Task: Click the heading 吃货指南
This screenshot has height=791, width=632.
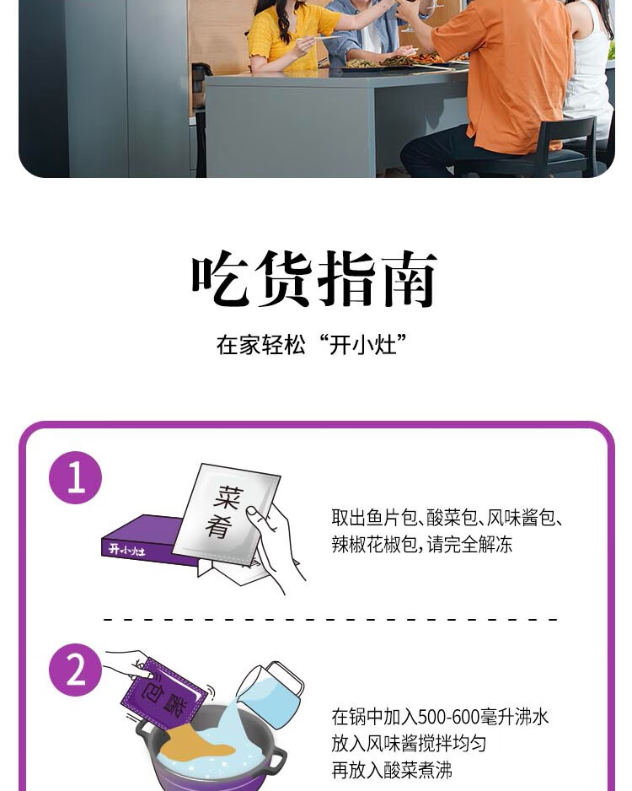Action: (x=314, y=279)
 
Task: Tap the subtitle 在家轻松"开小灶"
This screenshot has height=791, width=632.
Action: (x=313, y=345)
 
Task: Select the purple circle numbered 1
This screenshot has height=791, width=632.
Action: (x=75, y=478)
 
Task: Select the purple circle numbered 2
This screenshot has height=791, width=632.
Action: (x=75, y=670)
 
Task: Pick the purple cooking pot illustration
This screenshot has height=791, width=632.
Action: (x=211, y=755)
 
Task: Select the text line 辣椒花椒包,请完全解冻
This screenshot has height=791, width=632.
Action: (x=421, y=545)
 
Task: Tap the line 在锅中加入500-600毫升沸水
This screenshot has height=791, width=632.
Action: (x=440, y=717)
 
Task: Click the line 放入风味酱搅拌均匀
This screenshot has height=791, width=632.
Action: (x=409, y=744)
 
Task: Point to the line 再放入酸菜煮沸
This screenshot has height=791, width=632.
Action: (x=392, y=771)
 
